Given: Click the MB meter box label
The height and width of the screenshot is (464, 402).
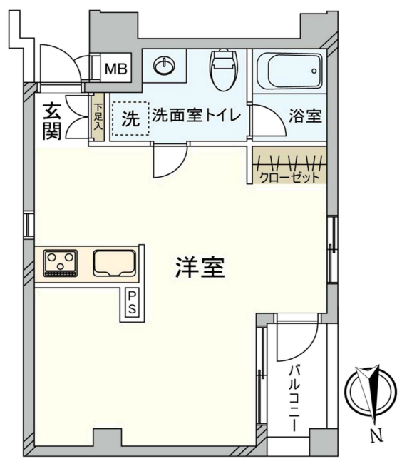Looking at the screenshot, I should (x=116, y=69).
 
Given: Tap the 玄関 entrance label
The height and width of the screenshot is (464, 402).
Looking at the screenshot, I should (x=51, y=121).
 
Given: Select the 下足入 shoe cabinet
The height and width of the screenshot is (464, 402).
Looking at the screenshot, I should (x=98, y=117).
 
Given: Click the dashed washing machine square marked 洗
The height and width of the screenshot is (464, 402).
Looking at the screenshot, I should (x=129, y=118).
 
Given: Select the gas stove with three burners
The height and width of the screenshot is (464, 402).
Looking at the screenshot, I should (x=61, y=263).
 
